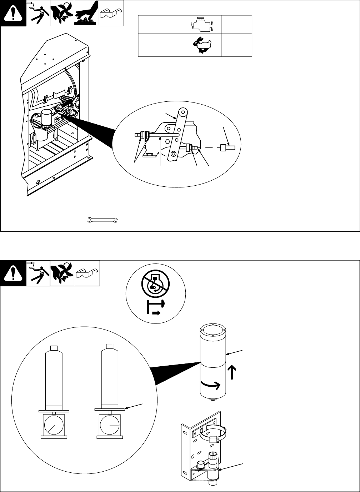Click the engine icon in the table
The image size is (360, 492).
(x=202, y=25)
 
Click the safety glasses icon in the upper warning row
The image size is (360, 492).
(x=111, y=14)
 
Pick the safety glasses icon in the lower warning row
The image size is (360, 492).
(x=87, y=273)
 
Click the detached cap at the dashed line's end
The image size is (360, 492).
(x=227, y=147)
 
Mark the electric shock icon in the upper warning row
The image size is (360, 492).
(x=38, y=13)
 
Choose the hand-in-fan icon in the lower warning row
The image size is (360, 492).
(x=62, y=273)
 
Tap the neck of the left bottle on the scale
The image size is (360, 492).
(x=54, y=348)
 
